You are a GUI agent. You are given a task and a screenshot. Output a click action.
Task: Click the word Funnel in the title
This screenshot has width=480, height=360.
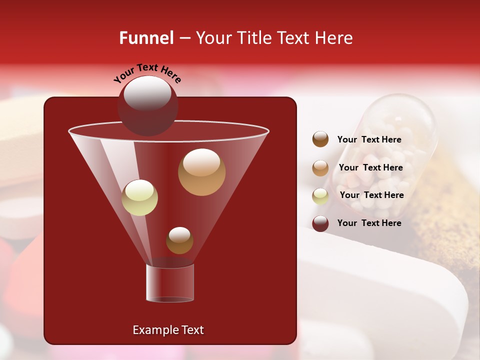[x=146, y=38]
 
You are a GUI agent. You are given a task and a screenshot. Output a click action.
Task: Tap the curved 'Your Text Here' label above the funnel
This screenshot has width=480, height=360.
[x=147, y=73]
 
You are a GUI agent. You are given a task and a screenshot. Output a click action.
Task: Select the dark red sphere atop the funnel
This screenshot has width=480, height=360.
[x=147, y=105]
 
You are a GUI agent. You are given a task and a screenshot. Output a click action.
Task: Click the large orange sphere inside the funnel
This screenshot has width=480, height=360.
[x=201, y=172]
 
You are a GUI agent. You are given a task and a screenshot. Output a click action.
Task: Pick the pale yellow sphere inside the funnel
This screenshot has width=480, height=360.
[x=139, y=197]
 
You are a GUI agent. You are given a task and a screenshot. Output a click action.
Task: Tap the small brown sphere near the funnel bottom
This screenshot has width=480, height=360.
[x=179, y=240]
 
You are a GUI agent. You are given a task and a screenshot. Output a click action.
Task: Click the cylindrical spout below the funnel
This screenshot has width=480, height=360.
[x=170, y=282]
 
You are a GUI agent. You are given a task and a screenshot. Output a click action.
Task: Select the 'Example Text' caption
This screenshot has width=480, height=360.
[x=168, y=330]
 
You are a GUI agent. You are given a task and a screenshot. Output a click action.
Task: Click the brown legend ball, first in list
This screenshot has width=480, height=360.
[x=320, y=139]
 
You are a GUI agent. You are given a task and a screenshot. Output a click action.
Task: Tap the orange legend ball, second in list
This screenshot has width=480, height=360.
[x=320, y=168]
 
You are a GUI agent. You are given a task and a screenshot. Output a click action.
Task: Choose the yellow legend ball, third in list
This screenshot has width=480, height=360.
[x=320, y=195]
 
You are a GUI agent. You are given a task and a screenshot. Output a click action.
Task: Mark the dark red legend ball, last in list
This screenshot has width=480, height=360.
[x=320, y=223]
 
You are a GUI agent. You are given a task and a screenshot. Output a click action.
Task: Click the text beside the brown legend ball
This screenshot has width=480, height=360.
[x=369, y=140]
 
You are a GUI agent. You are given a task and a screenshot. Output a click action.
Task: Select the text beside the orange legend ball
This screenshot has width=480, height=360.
[x=370, y=168]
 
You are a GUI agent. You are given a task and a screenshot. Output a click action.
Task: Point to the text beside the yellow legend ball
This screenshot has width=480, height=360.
[x=371, y=195]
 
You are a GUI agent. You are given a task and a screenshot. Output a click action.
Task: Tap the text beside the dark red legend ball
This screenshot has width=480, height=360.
[x=369, y=223]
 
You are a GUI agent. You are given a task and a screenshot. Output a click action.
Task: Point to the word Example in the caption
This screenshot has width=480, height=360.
[x=153, y=330]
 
